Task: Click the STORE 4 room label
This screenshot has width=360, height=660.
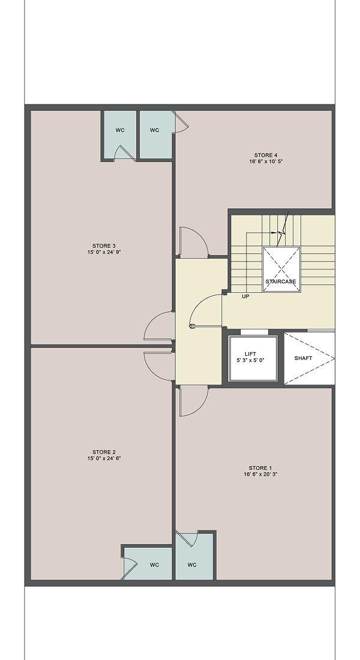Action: click(x=266, y=154)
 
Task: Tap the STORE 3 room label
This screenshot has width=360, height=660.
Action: click(x=104, y=246)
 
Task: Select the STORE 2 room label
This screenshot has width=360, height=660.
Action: click(x=104, y=452)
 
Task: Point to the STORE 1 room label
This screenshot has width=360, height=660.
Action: click(x=260, y=468)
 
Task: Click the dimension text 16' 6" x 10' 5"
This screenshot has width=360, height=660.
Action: click(x=266, y=161)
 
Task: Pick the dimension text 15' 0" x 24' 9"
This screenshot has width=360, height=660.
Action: click(x=104, y=253)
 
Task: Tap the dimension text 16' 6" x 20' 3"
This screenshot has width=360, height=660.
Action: click(x=260, y=475)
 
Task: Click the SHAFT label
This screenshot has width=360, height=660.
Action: click(x=303, y=358)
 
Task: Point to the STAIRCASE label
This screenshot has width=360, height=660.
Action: click(x=280, y=281)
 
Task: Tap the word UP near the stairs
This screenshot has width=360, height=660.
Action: click(x=245, y=296)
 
